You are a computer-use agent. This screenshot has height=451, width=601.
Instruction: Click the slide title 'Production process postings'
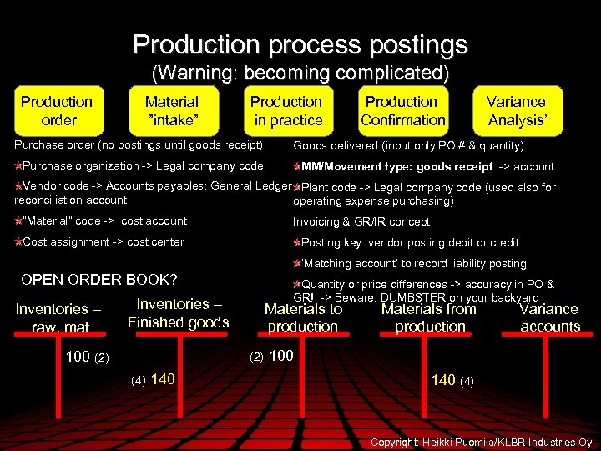tap(300, 43)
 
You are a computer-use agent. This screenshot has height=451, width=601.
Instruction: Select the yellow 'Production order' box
tap(57, 111)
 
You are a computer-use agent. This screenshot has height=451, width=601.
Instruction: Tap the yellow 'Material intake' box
tap(172, 111)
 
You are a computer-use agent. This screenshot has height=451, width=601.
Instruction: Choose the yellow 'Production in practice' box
tap(286, 111)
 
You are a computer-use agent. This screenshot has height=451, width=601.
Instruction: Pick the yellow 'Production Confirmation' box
tap(402, 111)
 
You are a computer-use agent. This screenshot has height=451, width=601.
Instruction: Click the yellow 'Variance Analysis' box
tap(517, 111)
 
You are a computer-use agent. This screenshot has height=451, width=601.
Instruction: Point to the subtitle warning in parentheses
tap(300, 73)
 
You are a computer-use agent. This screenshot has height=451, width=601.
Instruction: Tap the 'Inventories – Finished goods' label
tap(178, 313)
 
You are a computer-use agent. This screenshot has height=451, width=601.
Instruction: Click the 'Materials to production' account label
tap(303, 317)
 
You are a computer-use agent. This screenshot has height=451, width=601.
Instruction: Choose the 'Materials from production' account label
tap(429, 317)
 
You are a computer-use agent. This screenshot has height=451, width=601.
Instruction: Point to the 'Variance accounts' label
tap(549, 317)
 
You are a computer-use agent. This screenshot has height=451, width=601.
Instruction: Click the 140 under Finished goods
tap(163, 379)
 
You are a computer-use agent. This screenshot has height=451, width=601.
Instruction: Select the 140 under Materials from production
tap(443, 380)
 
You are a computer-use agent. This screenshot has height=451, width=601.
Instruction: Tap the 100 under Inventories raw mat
tap(78, 357)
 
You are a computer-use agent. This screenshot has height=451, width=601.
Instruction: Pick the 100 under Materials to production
tap(281, 356)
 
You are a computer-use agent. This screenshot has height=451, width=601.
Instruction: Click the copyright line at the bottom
tap(481, 442)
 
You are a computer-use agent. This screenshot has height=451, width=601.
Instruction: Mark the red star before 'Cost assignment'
tap(18, 242)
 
